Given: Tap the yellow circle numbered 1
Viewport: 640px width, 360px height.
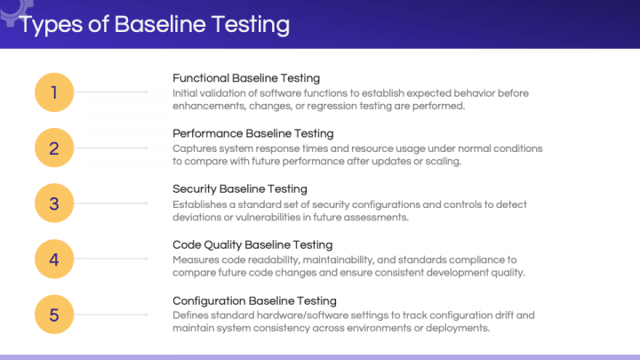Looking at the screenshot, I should (54, 92).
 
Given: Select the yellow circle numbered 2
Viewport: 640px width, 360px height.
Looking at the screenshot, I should (54, 148).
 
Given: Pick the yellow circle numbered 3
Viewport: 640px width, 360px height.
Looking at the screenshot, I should (54, 203).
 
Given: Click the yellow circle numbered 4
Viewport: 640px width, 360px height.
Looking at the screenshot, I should (54, 259).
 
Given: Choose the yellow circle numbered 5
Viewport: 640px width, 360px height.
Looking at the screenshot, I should (54, 314).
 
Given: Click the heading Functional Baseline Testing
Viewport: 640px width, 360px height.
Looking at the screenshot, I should (245, 78).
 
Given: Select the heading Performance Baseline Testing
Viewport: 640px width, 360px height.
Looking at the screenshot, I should (252, 133).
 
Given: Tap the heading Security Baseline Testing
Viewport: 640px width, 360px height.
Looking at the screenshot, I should (239, 188).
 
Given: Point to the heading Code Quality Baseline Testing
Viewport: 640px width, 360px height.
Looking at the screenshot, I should (252, 244).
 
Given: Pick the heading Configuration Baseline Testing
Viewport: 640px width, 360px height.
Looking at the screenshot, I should (254, 300).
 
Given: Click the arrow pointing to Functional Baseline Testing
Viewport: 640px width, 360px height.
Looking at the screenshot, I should (120, 92).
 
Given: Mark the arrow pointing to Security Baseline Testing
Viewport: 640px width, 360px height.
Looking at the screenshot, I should (120, 203).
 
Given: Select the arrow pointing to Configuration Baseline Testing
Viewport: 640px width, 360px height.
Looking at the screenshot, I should (120, 314).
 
